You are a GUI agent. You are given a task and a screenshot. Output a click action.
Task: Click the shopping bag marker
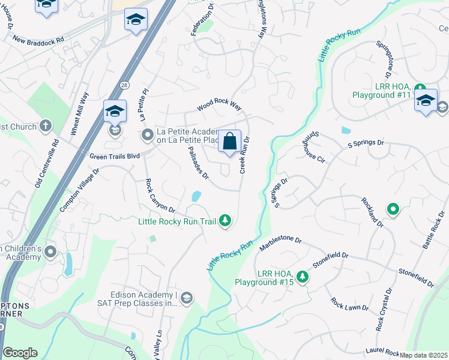[x=229, y=143]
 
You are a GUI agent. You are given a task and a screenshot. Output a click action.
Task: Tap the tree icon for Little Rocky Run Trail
[x=225, y=221]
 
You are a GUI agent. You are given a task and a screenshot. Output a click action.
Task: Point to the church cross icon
[x=46, y=126]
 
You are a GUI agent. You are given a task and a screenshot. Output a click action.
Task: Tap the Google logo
[x=20, y=353]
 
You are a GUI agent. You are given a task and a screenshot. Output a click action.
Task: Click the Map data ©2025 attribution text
[x=424, y=355]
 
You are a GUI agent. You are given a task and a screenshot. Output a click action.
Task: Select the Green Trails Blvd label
[x=114, y=157]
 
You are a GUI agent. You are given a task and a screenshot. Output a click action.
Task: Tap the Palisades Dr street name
[x=197, y=163]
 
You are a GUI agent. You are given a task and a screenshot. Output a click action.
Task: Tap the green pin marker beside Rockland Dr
[x=393, y=209]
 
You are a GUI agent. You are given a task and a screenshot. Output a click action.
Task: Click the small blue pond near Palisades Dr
[x=196, y=196]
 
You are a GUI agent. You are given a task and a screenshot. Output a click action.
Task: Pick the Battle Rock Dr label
[x=433, y=233]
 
